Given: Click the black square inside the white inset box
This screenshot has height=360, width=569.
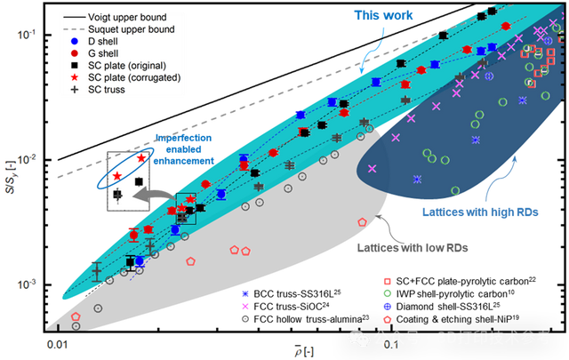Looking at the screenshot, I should [138, 182].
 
